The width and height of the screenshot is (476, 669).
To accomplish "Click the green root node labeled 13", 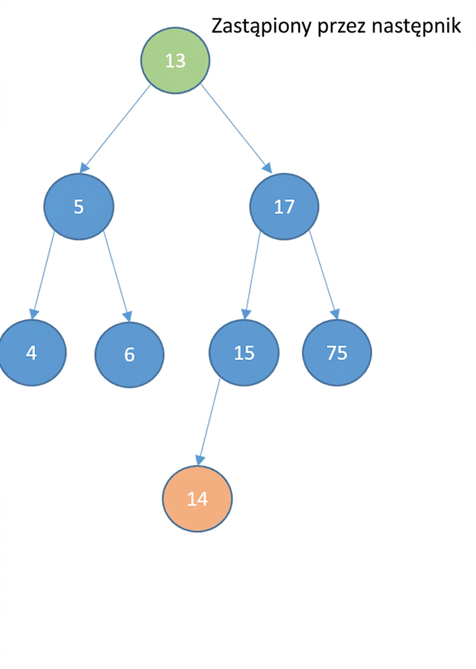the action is click(x=175, y=60).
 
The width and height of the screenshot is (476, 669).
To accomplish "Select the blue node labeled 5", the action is click(x=79, y=206).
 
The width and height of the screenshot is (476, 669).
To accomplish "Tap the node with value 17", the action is click(x=284, y=206).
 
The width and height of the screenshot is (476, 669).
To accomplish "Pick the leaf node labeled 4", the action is click(x=31, y=353).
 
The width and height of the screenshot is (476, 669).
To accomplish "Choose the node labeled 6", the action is click(x=129, y=354).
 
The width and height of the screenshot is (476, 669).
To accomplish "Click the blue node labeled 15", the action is click(x=244, y=353).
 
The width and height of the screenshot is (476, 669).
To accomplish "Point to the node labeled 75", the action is click(x=337, y=353).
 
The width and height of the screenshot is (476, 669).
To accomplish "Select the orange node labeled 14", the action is click(x=197, y=499).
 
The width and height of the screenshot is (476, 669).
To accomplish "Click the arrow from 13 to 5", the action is click(x=115, y=129).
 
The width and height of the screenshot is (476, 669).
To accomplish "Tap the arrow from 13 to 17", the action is click(x=236, y=129).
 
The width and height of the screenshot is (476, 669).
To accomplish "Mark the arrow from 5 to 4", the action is click(x=42, y=276).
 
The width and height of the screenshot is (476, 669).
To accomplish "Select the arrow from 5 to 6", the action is click(x=117, y=277).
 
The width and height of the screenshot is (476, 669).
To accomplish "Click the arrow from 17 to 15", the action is click(x=253, y=276).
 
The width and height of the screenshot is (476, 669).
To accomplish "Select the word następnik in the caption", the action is click(x=416, y=26).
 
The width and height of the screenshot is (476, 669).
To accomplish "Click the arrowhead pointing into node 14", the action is click(x=200, y=460).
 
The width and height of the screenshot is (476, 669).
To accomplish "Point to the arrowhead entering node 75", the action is click(x=336, y=314).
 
